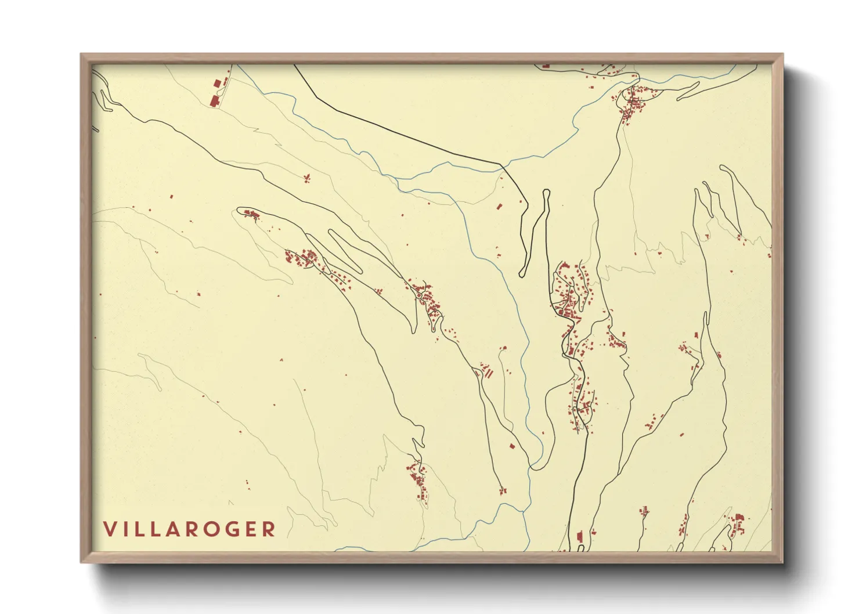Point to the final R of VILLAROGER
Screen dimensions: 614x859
268,529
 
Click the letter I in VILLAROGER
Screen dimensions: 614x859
124,529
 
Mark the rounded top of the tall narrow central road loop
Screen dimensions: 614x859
546,192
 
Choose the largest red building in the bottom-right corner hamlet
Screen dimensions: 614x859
739,518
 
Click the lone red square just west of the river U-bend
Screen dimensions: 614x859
512,446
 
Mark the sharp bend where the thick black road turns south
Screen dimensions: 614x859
503,166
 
